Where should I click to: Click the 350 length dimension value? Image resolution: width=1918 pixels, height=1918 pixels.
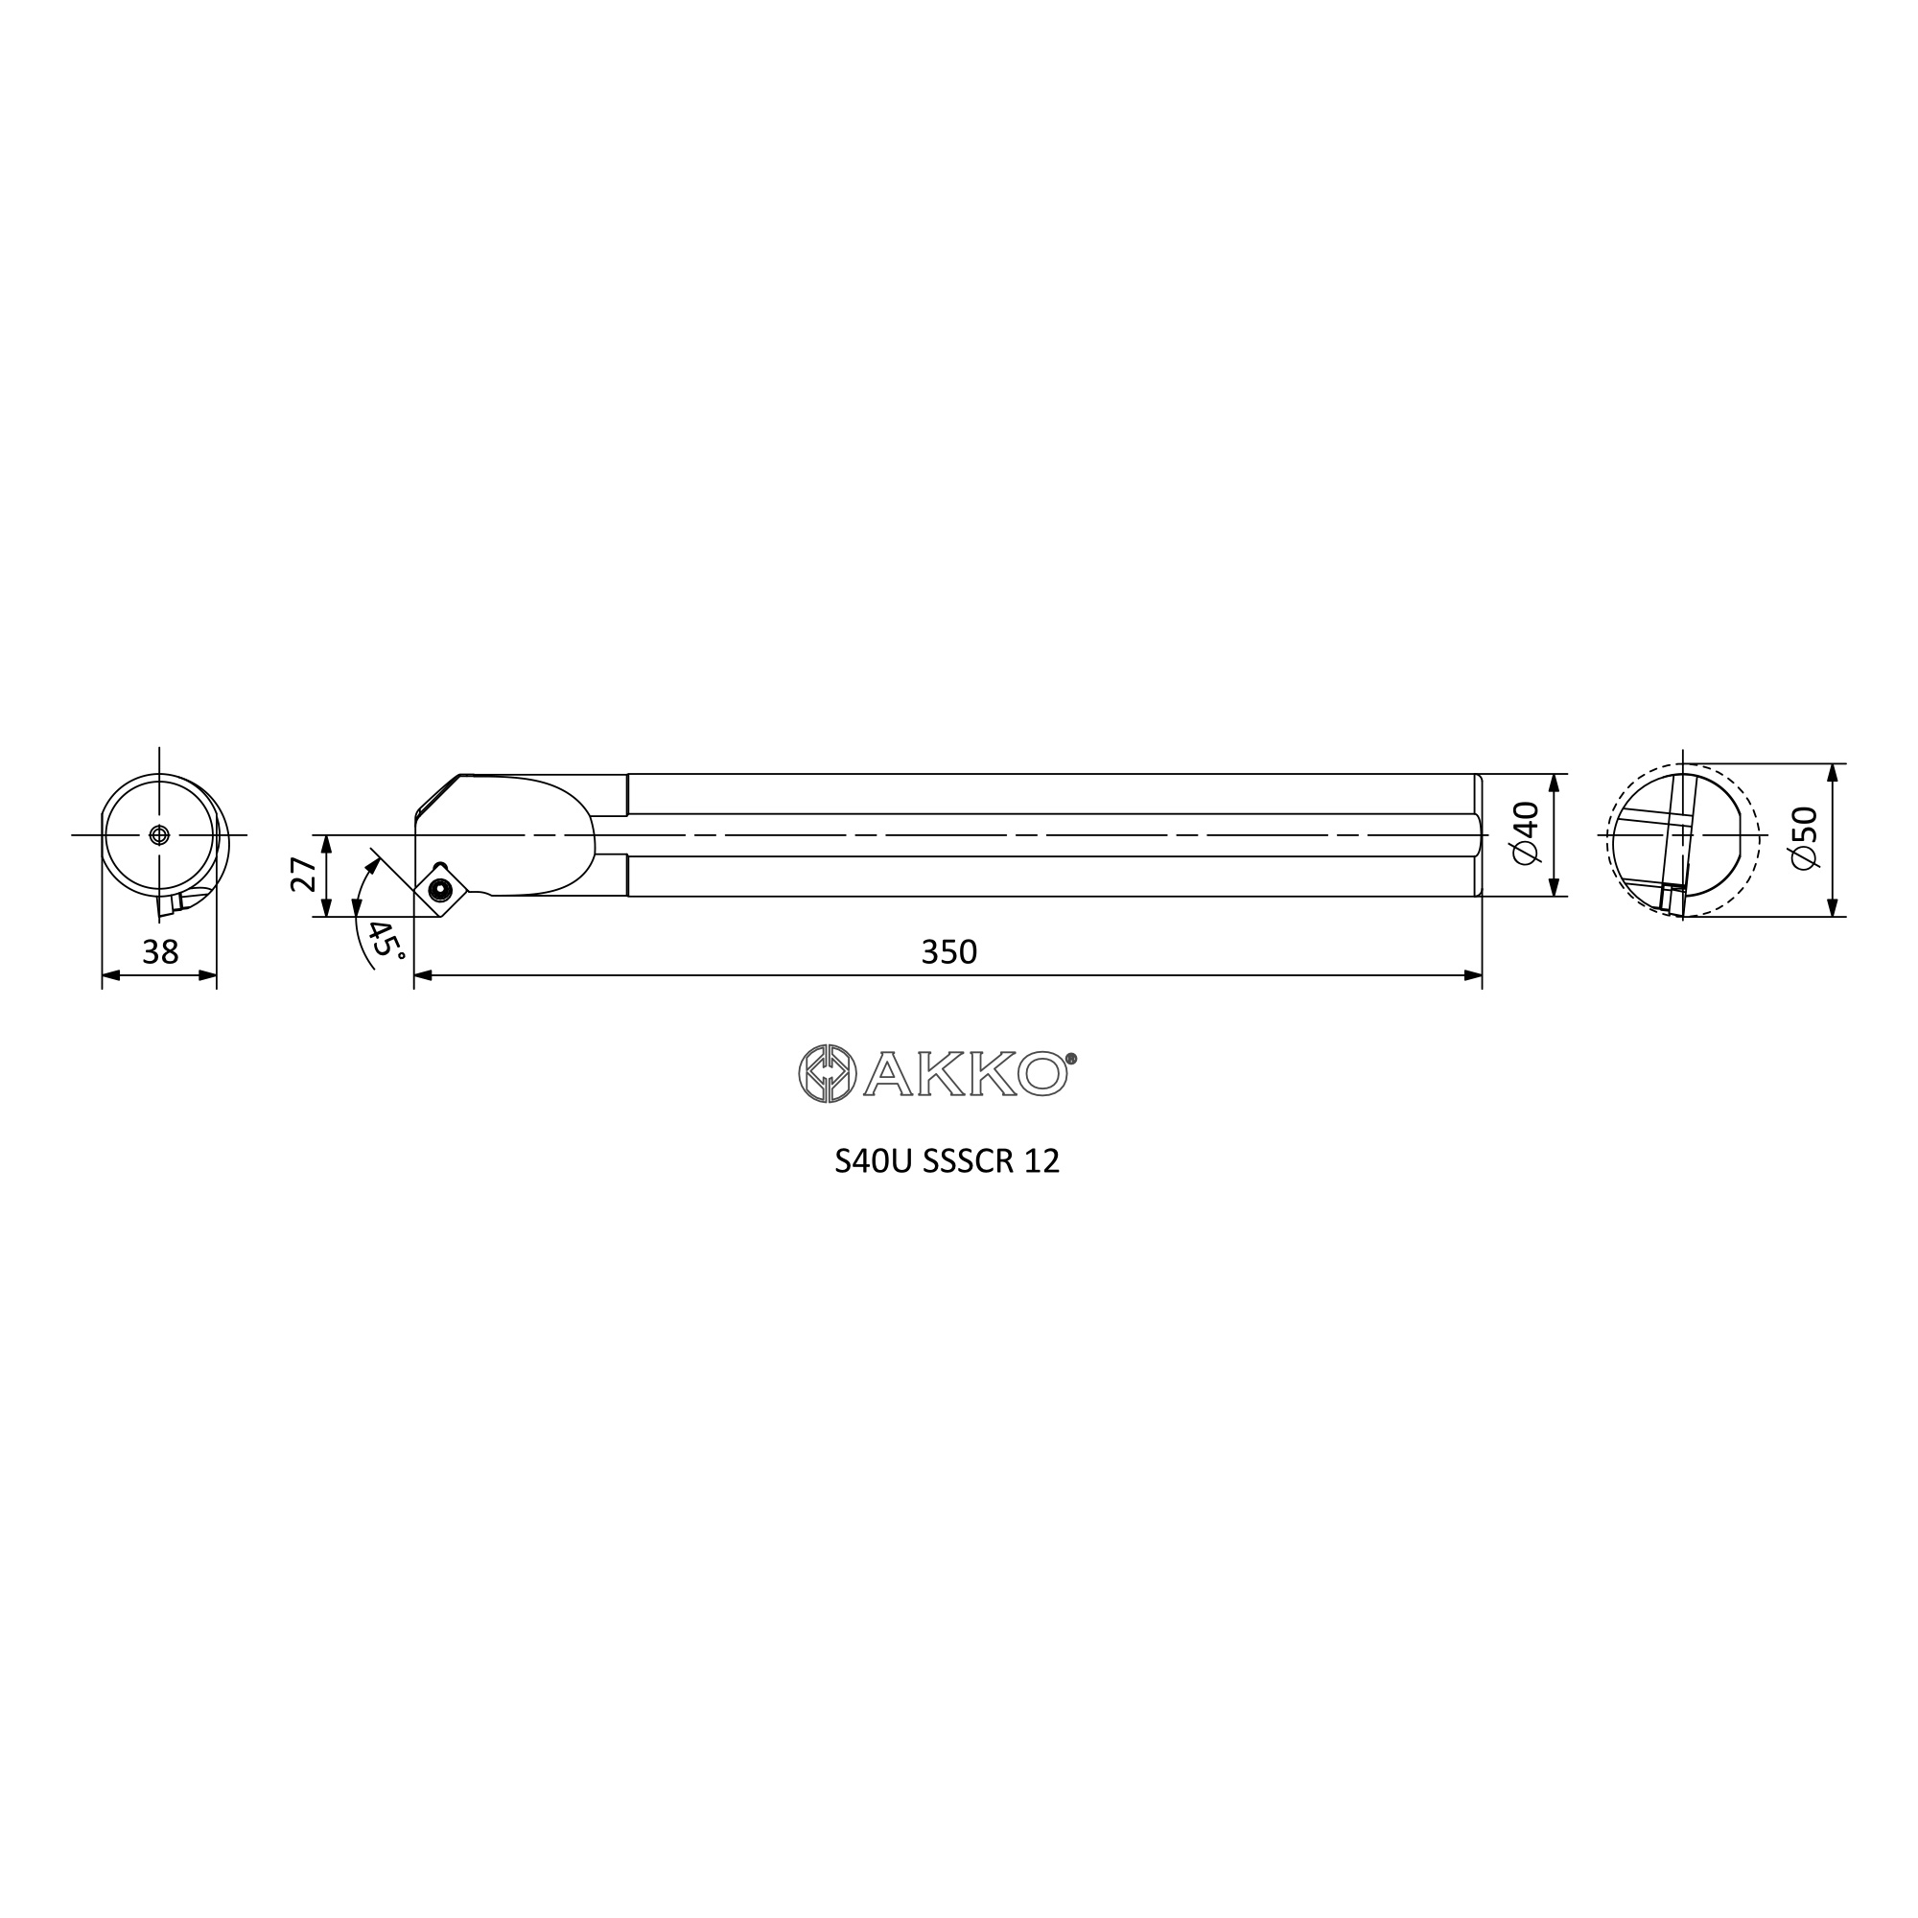coord(949,952)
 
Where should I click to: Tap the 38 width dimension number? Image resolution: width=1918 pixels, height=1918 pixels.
coord(160,952)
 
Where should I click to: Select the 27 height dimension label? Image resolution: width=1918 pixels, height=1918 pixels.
coord(304,875)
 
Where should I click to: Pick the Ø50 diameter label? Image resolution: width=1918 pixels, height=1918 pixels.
coord(1804,838)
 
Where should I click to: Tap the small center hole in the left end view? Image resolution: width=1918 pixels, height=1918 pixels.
coord(159,835)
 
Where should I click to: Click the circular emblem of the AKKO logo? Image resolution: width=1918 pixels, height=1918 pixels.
coord(827,1073)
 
